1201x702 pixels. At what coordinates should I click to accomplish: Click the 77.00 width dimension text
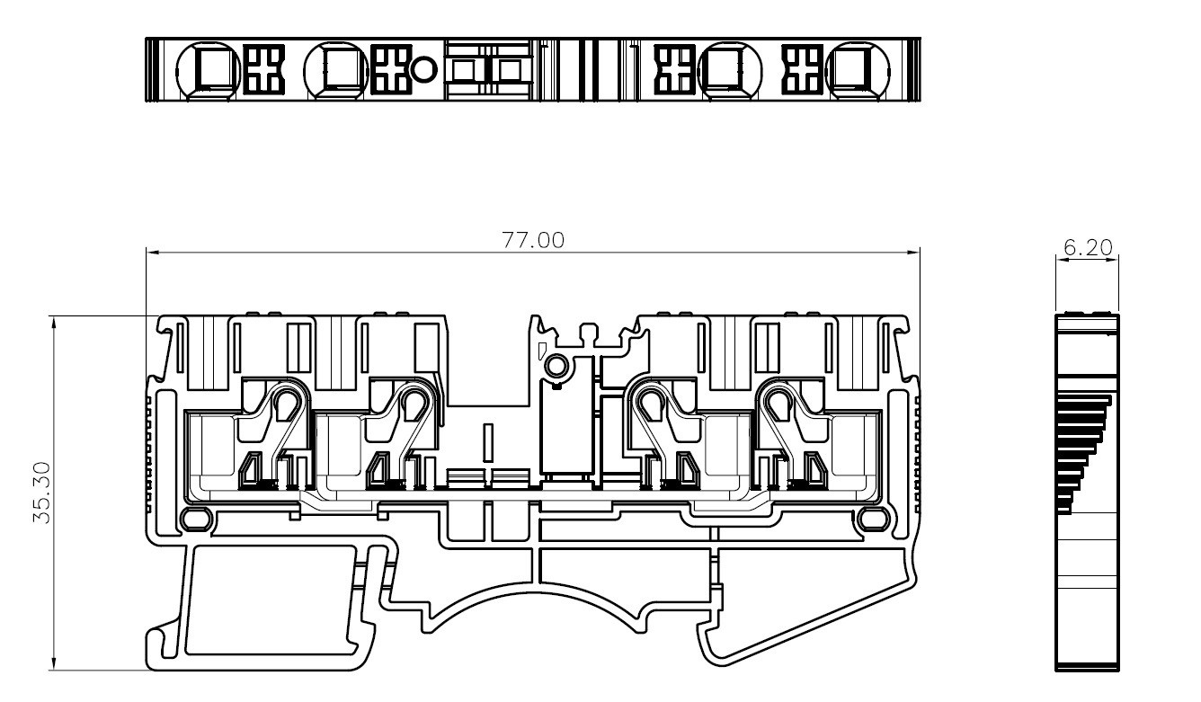(533, 241)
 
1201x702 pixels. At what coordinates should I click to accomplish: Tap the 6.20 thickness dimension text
(1087, 248)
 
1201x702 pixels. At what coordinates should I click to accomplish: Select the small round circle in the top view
(425, 68)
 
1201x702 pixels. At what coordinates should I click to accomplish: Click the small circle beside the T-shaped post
(556, 366)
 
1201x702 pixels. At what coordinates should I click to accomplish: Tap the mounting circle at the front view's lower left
(194, 519)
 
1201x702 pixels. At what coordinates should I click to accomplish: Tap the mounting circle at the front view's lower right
(869, 519)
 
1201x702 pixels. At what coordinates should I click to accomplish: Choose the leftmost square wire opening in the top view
(213, 68)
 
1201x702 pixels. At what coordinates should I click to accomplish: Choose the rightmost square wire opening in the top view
(851, 68)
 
